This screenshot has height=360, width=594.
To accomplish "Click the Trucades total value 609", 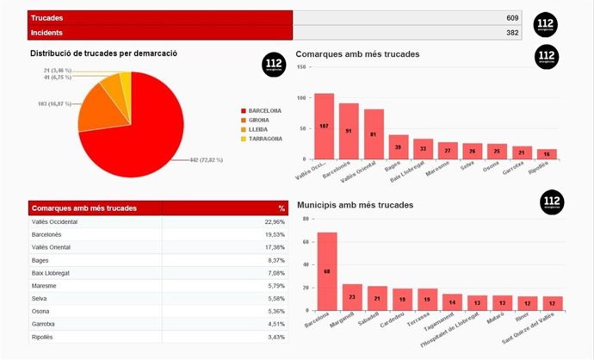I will tap(512, 17).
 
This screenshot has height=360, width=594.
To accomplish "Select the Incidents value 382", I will tap(512, 33).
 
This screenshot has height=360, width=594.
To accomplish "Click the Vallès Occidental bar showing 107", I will tap(324, 127).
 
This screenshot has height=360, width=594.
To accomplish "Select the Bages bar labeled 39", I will tap(399, 147).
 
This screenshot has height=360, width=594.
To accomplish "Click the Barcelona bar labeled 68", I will tap(327, 271).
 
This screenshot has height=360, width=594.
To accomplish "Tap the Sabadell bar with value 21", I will tap(377, 298).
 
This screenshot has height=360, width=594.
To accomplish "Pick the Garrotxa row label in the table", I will tap(44, 325).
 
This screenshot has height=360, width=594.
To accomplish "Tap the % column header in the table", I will tap(281, 208).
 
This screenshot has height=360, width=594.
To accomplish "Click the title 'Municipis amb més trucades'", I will tap(355, 206).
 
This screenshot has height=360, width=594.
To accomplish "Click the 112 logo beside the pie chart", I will tap(274, 65).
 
